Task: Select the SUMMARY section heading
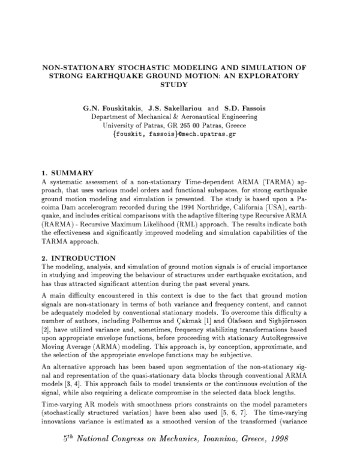click(66, 173)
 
